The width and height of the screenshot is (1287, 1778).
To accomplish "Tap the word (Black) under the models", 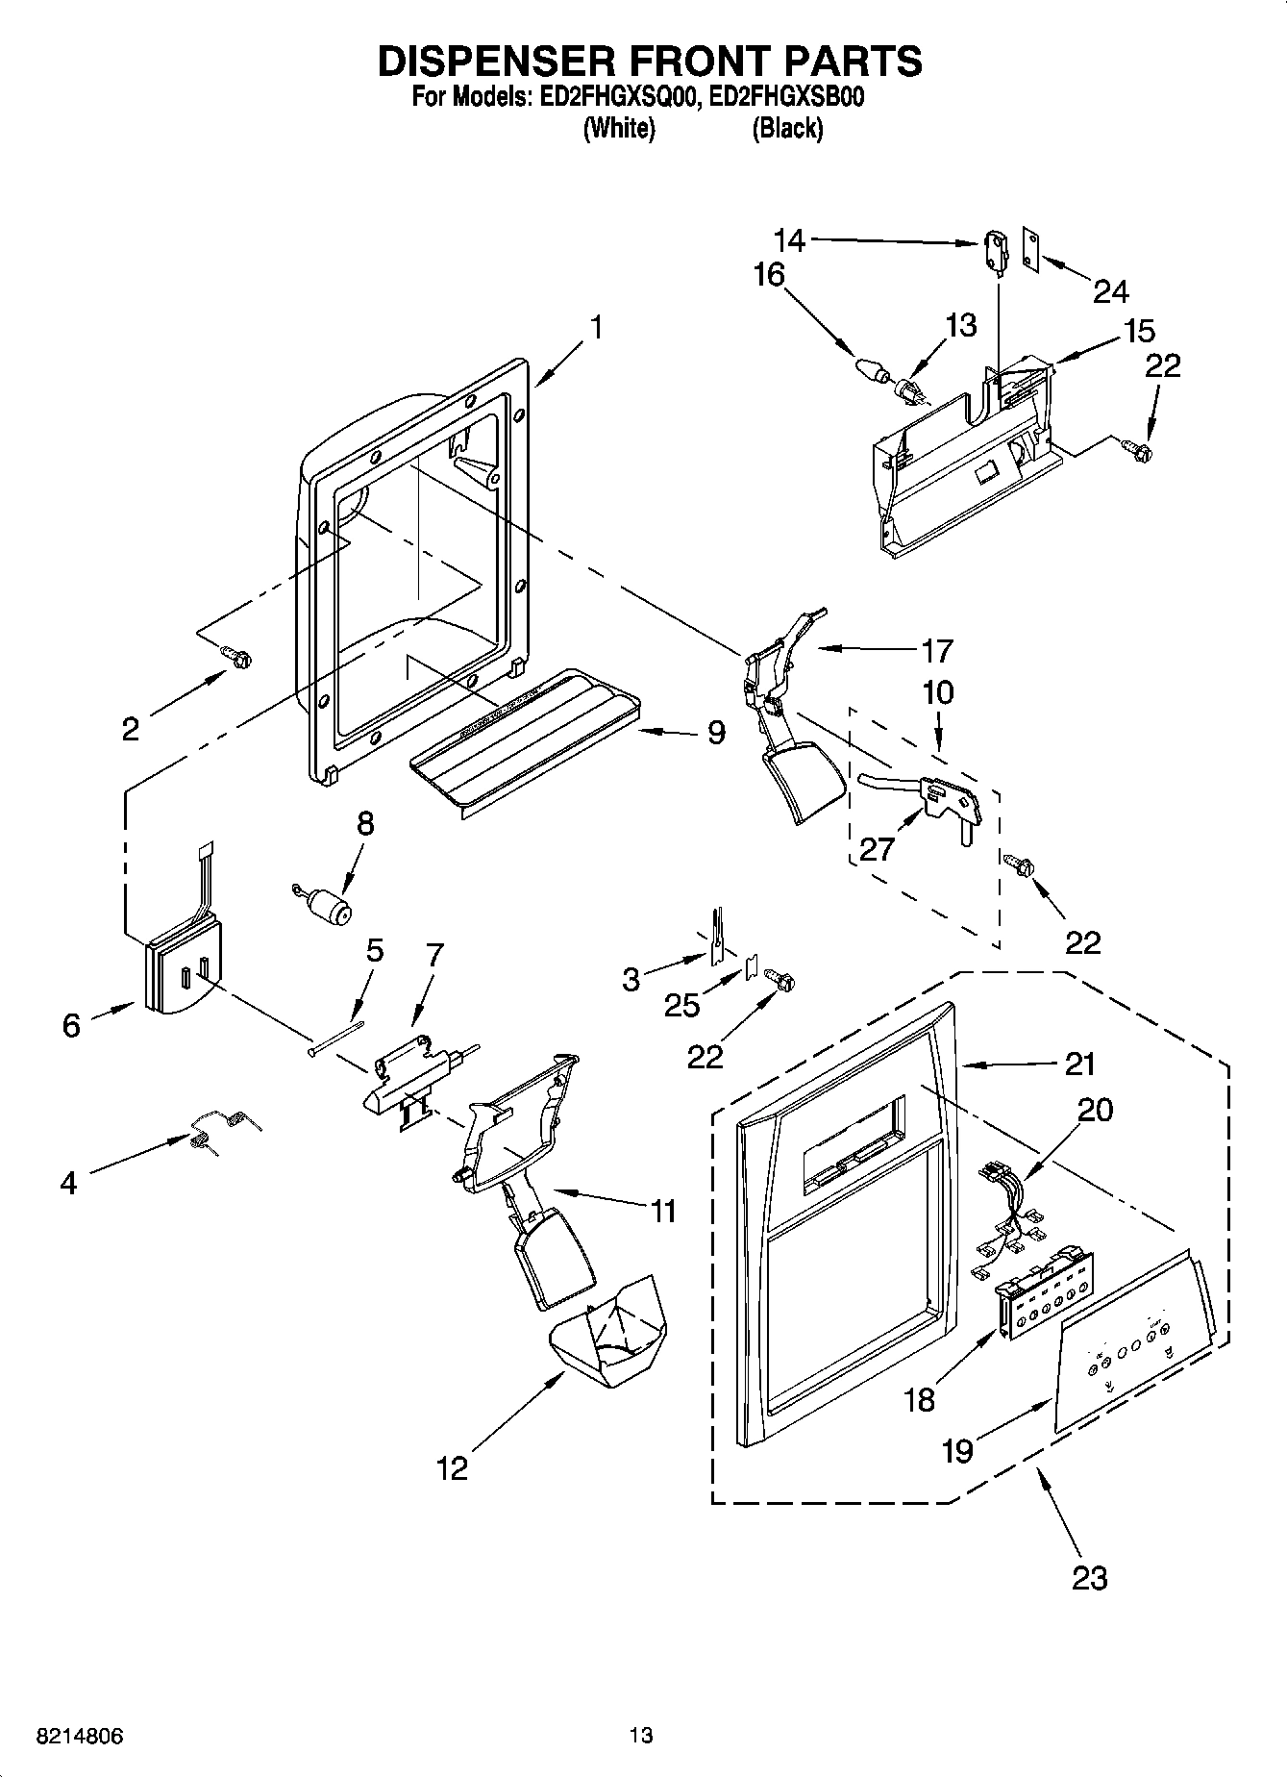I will click(x=787, y=128).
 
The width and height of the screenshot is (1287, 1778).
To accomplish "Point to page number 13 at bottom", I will click(x=641, y=1736).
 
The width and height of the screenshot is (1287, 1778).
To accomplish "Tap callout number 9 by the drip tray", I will click(x=716, y=733).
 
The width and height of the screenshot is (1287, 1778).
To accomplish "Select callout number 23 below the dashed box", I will click(x=1090, y=1578).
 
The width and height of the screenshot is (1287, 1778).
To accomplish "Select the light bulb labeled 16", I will click(x=869, y=369).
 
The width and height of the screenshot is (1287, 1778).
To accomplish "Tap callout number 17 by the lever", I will click(x=936, y=651).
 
